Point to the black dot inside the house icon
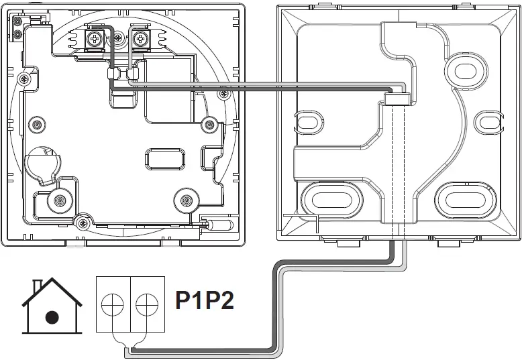[52, 317]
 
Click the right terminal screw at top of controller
[140, 39]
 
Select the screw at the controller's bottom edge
[83, 223]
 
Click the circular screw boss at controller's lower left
[60, 199]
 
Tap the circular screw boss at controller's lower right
[187, 199]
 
